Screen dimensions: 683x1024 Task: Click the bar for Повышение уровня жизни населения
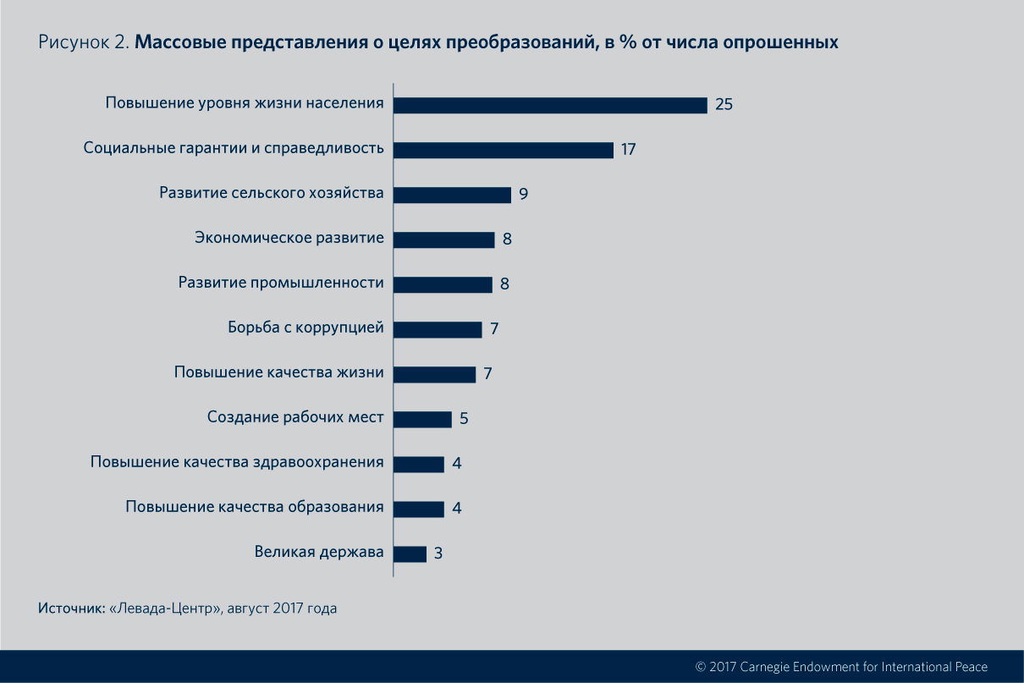tap(550, 105)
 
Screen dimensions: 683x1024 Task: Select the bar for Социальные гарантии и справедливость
tap(504, 150)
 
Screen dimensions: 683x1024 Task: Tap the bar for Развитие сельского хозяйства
tap(452, 195)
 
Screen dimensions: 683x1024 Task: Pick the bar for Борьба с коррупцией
tap(438, 329)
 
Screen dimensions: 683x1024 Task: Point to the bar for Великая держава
tap(410, 554)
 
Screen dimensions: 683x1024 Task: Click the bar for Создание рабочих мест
tap(422, 419)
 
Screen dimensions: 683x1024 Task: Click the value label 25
tap(723, 105)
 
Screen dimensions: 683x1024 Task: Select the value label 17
tap(628, 150)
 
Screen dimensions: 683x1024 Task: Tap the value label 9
tap(524, 195)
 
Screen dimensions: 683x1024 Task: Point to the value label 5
tap(464, 419)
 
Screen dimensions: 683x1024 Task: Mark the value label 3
tap(438, 554)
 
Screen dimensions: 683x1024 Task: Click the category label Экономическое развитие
tap(289, 238)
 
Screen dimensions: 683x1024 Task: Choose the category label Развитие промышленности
tap(281, 283)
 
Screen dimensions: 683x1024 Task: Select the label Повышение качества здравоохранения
tap(237, 463)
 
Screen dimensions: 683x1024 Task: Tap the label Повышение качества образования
tap(255, 508)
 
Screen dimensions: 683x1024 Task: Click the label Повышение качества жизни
tap(279, 373)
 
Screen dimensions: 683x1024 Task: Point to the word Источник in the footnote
tap(71, 608)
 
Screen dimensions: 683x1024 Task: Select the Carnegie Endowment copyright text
tap(841, 666)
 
